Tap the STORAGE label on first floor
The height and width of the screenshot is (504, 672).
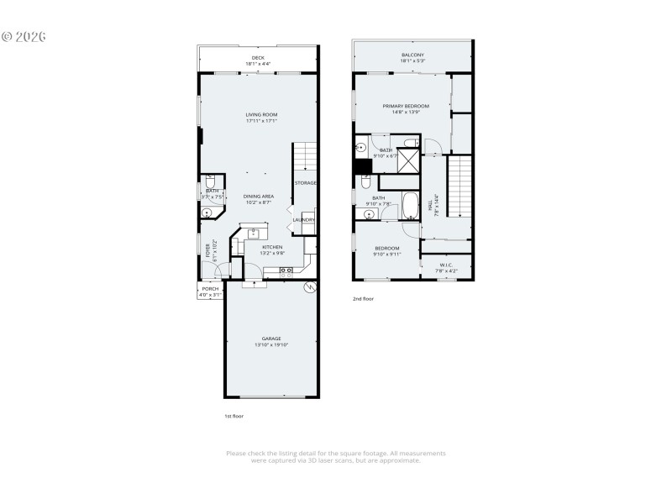(x=305, y=182)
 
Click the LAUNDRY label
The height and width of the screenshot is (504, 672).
(x=303, y=220)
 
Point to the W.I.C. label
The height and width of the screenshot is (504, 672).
(x=446, y=268)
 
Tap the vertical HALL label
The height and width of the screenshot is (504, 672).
(x=430, y=204)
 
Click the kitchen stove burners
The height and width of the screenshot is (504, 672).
(x=286, y=270)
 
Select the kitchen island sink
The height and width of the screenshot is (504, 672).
(x=253, y=234)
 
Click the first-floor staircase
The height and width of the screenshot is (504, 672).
(x=303, y=157)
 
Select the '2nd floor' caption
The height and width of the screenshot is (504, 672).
(x=363, y=298)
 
